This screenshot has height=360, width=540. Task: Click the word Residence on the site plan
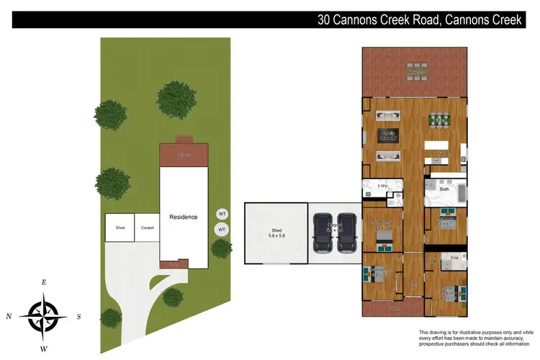183,217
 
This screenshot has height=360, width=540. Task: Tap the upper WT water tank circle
222,214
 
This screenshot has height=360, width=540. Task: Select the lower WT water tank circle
222,230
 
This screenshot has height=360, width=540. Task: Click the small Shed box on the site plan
120,228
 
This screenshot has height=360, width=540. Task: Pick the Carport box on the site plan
147,228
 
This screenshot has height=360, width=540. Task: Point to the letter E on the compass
44,283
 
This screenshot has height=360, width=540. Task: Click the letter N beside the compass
9,316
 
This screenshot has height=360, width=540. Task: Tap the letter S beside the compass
79,316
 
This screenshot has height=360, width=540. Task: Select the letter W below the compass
44,349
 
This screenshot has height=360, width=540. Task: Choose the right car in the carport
347,233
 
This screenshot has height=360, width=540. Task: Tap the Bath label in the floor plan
444,189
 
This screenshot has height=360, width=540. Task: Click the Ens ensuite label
454,258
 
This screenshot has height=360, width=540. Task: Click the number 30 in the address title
325,20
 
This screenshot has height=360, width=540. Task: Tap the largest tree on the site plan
176,99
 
